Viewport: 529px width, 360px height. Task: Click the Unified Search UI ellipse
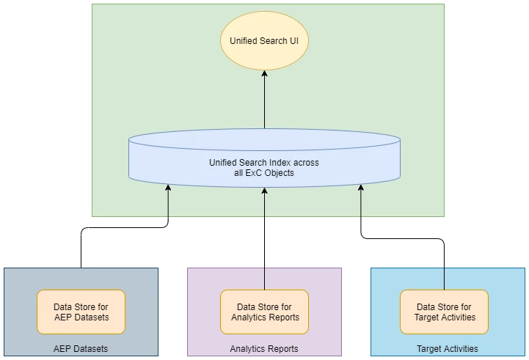264,41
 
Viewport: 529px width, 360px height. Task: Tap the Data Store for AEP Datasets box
81,312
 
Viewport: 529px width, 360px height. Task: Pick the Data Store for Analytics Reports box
265,312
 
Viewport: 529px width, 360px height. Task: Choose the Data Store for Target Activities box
445,312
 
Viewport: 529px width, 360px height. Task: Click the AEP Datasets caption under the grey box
81,349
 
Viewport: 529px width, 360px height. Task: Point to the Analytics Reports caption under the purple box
264,349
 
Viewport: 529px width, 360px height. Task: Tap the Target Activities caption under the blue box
447,349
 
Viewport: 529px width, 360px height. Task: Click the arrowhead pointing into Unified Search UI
264,74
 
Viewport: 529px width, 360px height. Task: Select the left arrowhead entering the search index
168,188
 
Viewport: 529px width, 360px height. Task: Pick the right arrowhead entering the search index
361,188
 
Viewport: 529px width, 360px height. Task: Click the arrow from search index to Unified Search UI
264,103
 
